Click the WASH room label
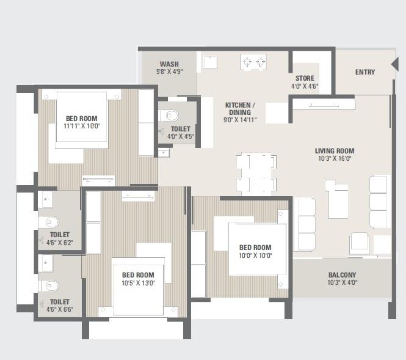[x=169, y=64]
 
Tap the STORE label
[x=305, y=78]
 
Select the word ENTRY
[x=365, y=72]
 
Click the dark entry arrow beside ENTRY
[x=395, y=64]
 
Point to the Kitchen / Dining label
[x=240, y=108]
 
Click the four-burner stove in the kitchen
[x=254, y=61]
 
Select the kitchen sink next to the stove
[x=211, y=62]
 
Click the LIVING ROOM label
[x=335, y=151]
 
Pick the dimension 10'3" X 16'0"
[x=335, y=158]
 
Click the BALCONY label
[x=342, y=275]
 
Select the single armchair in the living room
[x=359, y=243]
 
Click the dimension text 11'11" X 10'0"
[x=81, y=126]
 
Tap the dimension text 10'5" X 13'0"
[x=138, y=282]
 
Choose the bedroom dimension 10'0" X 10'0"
[x=255, y=255]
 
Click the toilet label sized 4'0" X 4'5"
[x=181, y=136]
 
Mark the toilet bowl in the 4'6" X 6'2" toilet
[x=49, y=222]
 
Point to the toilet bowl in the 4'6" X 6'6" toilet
[x=49, y=286]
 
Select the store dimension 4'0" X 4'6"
[x=305, y=86]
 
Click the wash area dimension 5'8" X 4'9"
[x=169, y=72]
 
